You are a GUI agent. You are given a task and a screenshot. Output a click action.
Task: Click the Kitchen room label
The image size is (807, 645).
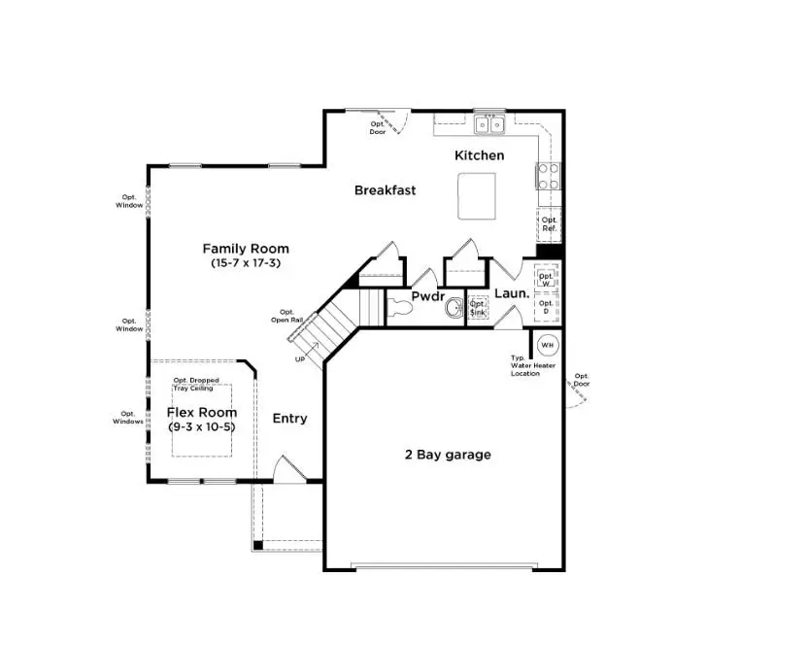480,155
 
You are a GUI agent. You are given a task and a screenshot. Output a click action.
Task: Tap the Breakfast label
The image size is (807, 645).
385,190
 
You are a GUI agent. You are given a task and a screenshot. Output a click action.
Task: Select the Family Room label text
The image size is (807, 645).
245,249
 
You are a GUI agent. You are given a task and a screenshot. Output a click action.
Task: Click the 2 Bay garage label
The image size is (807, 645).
448,455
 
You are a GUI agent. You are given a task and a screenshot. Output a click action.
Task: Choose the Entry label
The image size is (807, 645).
289,419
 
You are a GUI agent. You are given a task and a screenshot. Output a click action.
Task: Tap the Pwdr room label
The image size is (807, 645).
427,295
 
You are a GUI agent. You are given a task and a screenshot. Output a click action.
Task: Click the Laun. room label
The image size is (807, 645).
512,293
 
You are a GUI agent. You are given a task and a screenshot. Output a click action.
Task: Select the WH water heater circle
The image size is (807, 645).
547,345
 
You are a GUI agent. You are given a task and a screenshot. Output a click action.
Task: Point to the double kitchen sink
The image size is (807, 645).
489,124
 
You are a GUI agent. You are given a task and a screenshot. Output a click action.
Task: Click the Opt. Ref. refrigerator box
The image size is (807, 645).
550,224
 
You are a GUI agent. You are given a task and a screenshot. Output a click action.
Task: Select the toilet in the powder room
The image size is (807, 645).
402,309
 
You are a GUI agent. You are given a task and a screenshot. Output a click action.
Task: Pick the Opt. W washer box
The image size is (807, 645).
547,279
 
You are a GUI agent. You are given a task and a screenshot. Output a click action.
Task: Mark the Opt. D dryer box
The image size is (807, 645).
547,307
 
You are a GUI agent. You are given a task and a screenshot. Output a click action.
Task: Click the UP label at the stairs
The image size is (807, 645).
300,359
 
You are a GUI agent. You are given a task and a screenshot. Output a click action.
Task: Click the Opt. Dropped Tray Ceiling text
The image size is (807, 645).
195,384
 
